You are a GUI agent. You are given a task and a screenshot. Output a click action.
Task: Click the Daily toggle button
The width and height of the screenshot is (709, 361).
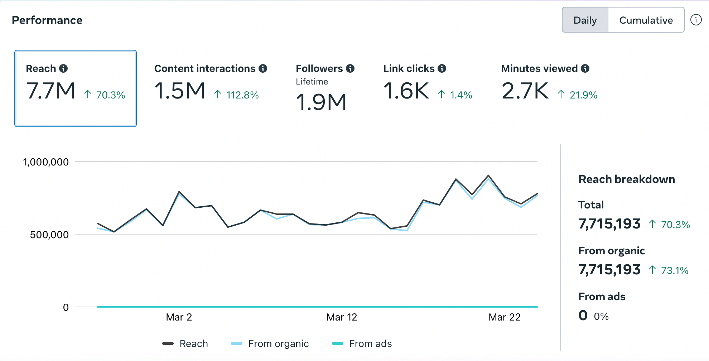[x=585, y=20]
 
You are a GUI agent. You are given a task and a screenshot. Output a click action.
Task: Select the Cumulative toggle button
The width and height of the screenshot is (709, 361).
[x=646, y=20]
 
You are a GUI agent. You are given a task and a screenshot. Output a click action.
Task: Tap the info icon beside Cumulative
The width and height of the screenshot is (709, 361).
[x=696, y=20]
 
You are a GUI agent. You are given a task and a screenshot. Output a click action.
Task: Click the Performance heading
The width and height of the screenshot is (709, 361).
[x=47, y=20]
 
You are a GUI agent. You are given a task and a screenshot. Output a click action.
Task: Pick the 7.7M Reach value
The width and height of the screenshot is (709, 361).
[x=51, y=91]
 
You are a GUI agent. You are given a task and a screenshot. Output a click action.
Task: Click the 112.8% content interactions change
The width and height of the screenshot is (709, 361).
[x=242, y=95]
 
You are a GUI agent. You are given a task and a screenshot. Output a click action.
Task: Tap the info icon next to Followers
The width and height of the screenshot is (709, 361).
[x=350, y=68]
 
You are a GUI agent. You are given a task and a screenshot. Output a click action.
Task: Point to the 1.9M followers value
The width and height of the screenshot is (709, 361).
[x=321, y=102]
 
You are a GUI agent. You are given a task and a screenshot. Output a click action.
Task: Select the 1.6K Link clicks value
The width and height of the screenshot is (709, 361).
[x=406, y=91]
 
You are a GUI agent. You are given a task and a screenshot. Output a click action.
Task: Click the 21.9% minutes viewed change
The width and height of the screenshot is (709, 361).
[x=583, y=95]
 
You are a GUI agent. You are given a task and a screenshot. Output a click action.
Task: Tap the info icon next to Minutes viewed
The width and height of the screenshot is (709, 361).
[x=585, y=68]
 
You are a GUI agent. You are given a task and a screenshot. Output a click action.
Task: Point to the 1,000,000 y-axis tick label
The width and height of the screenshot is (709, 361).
[x=46, y=162]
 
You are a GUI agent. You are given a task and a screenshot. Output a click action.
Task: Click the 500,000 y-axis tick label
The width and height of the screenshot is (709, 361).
[x=49, y=235]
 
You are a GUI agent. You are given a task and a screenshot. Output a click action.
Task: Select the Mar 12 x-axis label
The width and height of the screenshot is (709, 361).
[x=342, y=317]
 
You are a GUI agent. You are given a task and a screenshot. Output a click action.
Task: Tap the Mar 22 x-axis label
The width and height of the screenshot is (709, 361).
[x=505, y=317]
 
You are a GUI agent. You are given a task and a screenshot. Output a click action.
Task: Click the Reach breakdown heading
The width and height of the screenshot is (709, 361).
[x=627, y=179]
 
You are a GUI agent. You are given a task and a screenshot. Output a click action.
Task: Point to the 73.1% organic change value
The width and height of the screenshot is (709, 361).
[x=675, y=270]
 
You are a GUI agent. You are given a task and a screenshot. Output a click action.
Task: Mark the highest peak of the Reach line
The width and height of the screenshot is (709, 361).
[x=488, y=175]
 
